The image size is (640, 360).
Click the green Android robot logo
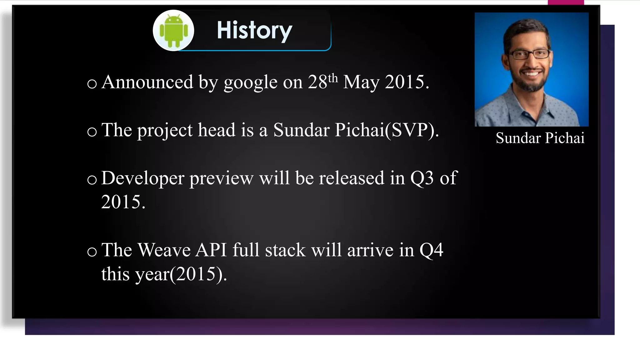coord(173,31)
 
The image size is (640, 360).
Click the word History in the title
coord(254,31)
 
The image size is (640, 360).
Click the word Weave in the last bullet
coord(164,250)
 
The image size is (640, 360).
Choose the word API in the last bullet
coord(211,250)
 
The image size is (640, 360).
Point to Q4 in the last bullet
coord(431,250)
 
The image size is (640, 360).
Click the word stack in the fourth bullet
coord(285,250)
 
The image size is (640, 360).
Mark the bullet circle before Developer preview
coord(92,180)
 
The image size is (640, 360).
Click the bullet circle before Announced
coord(92,84)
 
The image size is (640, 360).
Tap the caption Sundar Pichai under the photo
coord(540,138)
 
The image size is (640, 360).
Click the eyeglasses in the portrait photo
coord(530,54)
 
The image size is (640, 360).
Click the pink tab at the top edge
coord(566,2)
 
